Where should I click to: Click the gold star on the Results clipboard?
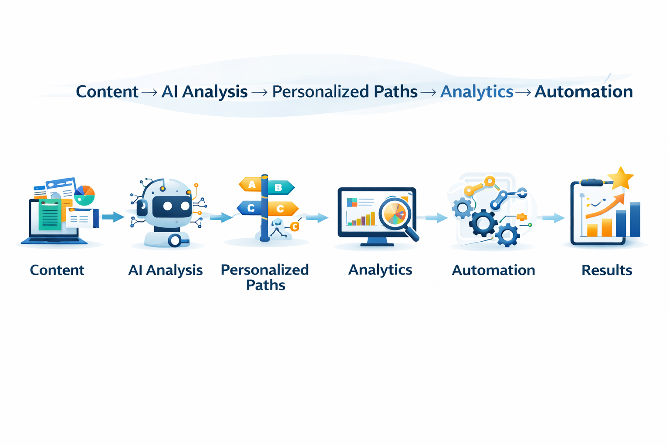coord(621,179)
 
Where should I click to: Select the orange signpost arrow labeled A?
coord(250,185)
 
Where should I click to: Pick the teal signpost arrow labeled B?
coord(280,188)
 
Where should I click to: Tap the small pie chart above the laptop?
coord(84,195)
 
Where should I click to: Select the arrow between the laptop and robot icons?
coord(113,216)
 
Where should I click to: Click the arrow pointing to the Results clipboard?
coord(553,217)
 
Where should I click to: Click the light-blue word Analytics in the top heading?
coord(476,92)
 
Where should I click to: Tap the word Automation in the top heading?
coord(584,92)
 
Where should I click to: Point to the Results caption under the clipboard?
coord(607,270)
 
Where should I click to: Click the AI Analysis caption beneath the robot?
coord(166,270)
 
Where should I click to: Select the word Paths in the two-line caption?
coord(266,285)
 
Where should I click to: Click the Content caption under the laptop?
coord(57,270)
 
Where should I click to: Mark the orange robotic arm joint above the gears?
coord(490,181)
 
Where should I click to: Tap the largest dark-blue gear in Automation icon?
coord(483,223)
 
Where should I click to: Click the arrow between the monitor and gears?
coord(436,218)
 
